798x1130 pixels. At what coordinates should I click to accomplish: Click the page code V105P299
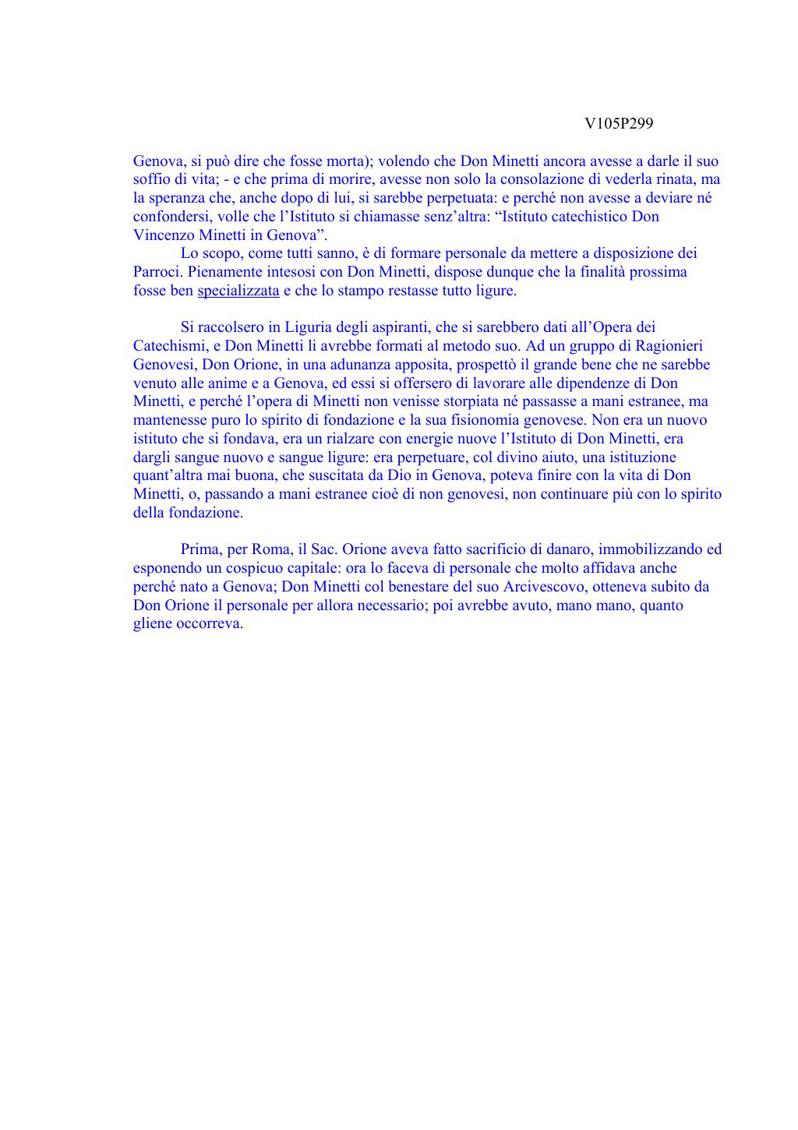pyautogui.click(x=619, y=124)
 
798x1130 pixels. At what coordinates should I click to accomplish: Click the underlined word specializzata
pyautogui.click(x=238, y=291)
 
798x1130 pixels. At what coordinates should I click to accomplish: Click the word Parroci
pyautogui.click(x=158, y=272)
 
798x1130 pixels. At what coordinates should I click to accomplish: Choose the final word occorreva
pyautogui.click(x=210, y=623)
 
